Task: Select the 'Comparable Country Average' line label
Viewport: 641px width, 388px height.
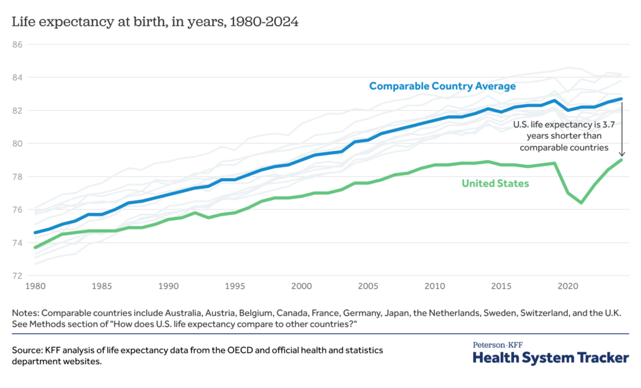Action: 443,86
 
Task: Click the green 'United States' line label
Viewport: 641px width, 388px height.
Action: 495,184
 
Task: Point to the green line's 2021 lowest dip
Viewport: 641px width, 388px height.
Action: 581,202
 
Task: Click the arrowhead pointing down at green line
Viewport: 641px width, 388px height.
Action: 622,155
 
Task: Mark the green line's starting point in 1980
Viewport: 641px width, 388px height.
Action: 35,248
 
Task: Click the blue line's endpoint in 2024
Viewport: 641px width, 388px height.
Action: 622,98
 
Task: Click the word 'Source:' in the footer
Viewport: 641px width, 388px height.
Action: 28,350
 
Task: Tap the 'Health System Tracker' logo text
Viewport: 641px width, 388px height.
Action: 550,358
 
